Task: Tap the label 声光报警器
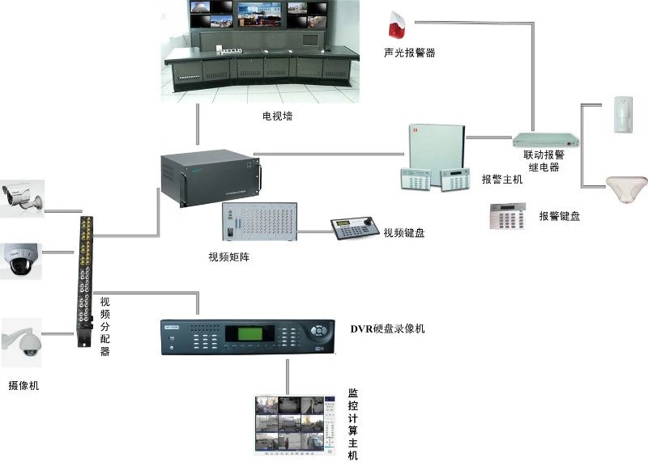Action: (x=409, y=53)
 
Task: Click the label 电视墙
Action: (x=277, y=117)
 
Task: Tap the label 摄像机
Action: (x=23, y=386)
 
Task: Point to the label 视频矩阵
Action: (x=232, y=257)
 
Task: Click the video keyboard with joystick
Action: (x=353, y=230)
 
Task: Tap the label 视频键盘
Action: (x=404, y=233)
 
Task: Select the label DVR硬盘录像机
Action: (x=387, y=328)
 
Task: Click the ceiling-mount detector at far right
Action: (x=625, y=189)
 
